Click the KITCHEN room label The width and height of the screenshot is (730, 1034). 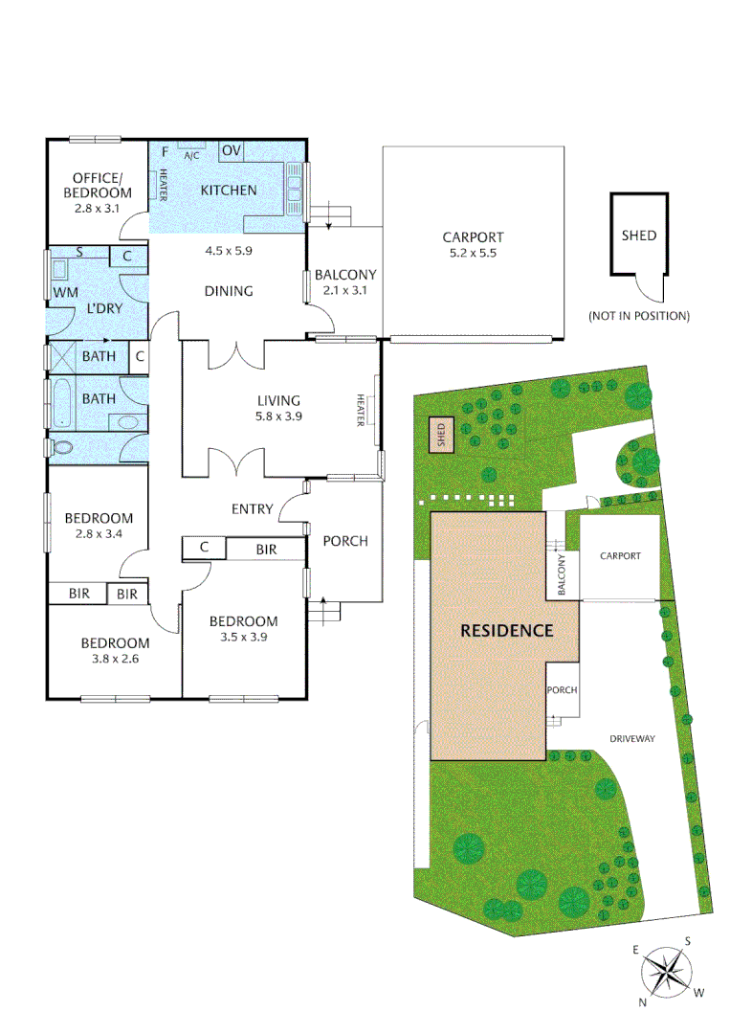pyautogui.click(x=228, y=190)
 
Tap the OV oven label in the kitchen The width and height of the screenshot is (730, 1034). pyautogui.click(x=232, y=150)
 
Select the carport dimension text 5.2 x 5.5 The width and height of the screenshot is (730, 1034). pyautogui.click(x=473, y=254)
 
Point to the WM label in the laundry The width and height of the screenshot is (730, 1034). pyautogui.click(x=65, y=291)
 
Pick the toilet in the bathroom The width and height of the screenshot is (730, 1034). pyautogui.click(x=63, y=447)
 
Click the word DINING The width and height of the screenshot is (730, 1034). pyautogui.click(x=228, y=291)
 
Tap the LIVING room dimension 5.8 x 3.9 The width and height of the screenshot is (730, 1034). pyautogui.click(x=278, y=418)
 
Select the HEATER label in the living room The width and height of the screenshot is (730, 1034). pyautogui.click(x=362, y=411)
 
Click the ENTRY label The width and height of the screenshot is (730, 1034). pyautogui.click(x=252, y=508)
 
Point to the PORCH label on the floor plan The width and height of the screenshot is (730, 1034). pyautogui.click(x=345, y=541)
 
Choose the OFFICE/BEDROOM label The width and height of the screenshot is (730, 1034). pyautogui.click(x=98, y=185)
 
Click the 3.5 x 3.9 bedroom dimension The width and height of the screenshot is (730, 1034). pyautogui.click(x=243, y=639)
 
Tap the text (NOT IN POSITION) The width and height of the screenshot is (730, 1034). pyautogui.click(x=639, y=316)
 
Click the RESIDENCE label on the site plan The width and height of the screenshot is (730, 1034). pyautogui.click(x=507, y=630)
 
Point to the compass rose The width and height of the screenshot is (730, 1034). pyautogui.click(x=666, y=971)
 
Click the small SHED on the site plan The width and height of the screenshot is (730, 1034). pyautogui.click(x=441, y=436)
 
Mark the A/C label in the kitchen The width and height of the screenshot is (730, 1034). pyautogui.click(x=191, y=156)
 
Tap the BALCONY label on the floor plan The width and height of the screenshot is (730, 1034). pyautogui.click(x=345, y=276)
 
